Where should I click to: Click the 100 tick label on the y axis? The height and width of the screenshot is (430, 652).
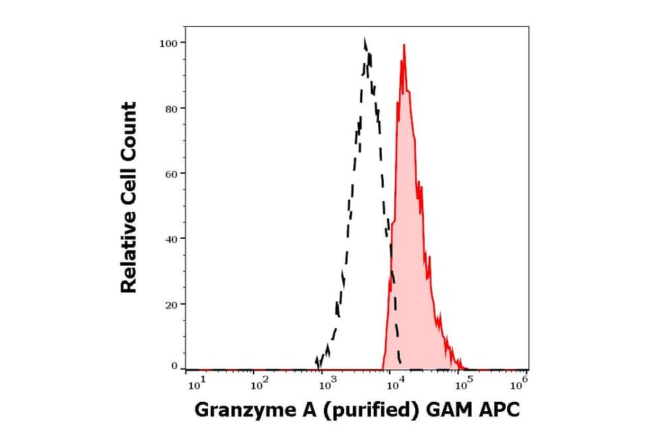click(x=168, y=43)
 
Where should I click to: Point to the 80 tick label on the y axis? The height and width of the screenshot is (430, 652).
click(x=170, y=109)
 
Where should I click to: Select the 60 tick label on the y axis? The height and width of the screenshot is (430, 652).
click(x=170, y=174)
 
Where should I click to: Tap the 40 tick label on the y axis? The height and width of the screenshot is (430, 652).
click(x=170, y=239)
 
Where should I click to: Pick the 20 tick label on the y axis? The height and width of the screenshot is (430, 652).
click(x=170, y=304)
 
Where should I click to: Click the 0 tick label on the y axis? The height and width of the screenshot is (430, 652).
click(x=174, y=366)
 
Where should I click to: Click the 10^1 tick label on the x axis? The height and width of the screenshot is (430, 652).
click(x=196, y=381)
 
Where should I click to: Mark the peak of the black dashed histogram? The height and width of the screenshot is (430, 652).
click(x=365, y=40)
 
